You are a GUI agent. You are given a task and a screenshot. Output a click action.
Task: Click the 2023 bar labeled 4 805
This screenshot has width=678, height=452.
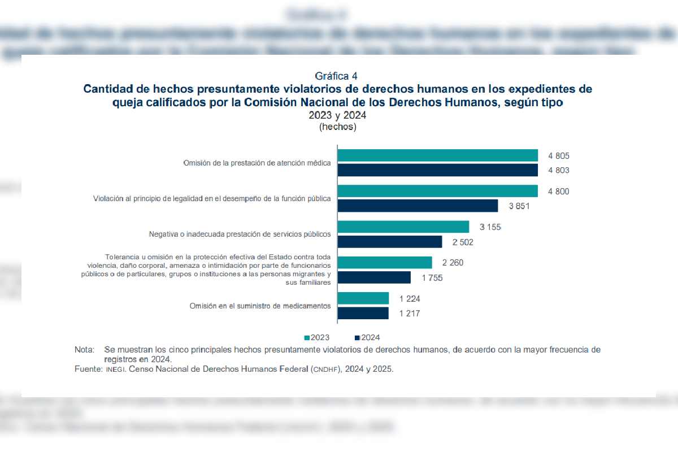437,155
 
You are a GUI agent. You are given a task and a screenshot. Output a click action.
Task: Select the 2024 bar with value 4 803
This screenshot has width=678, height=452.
437,170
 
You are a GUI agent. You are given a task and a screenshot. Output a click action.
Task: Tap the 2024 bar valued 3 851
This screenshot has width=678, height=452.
418,206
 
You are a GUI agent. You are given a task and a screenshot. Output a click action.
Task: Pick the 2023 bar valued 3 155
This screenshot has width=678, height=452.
403,227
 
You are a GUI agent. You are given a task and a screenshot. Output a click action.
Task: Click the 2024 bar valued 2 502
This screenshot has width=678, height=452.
389,242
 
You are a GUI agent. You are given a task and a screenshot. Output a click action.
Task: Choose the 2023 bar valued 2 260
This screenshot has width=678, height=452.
384,262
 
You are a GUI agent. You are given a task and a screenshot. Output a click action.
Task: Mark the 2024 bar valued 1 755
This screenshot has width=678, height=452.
373,277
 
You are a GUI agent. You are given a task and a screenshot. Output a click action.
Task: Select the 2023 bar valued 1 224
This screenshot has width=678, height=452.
363,298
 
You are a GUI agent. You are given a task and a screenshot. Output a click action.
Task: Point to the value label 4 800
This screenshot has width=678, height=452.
558,192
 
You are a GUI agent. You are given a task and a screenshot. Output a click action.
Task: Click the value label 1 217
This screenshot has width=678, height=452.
409,314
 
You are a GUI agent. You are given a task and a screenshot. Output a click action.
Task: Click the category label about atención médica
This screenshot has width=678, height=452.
257,163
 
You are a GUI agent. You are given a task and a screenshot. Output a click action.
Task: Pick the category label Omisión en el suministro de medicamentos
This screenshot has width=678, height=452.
260,306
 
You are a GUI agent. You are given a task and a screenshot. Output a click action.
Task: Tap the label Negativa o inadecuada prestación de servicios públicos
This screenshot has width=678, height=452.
240,234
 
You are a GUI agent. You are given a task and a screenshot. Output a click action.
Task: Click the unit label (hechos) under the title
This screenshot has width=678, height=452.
338,127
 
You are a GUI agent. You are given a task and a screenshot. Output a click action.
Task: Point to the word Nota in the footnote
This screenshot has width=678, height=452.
84,350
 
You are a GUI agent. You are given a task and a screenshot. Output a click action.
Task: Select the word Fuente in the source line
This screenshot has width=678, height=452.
88,368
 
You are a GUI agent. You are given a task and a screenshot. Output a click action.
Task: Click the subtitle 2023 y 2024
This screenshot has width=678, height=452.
338,116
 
